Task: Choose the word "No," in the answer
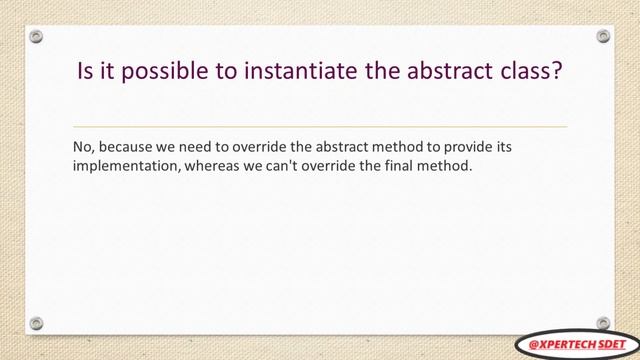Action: tap(84, 148)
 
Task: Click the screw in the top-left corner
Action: tap(36, 37)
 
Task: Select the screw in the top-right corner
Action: tap(603, 37)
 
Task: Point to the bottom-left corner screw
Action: tap(36, 323)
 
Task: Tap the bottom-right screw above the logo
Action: tap(603, 322)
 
